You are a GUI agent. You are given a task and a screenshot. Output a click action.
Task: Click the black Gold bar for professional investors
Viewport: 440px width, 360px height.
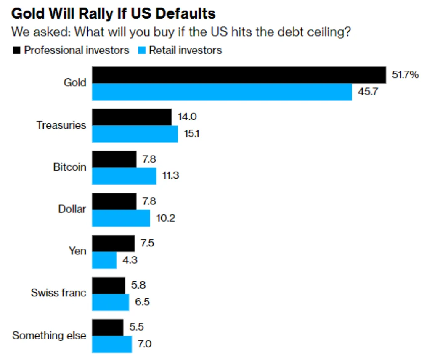tap(239, 75)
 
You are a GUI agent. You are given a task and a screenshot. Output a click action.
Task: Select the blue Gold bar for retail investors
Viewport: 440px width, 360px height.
tap(222, 92)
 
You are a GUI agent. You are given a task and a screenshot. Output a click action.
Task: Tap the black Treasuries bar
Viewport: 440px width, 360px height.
tap(132, 117)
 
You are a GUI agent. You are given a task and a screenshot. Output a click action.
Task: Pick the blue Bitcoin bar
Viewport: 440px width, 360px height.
tap(124, 176)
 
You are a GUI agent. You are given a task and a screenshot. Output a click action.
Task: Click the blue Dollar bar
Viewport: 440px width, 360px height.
tap(121, 218)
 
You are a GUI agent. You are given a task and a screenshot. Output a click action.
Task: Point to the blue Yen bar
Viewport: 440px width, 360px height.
tap(104, 260)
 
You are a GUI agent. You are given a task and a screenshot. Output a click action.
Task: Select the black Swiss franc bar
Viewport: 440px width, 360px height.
tap(109, 285)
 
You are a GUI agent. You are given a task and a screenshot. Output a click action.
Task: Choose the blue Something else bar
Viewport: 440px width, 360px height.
tap(112, 344)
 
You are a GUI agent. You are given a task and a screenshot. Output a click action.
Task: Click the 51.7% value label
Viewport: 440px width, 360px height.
tap(405, 75)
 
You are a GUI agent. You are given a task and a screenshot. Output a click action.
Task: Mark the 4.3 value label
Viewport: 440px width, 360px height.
tap(129, 260)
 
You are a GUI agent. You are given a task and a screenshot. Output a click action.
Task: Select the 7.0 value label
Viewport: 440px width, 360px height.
tap(144, 344)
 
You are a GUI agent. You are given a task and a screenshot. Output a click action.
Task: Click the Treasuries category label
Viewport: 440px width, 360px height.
tap(61, 125)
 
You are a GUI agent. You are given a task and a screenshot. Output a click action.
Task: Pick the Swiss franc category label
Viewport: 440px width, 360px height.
tap(58, 293)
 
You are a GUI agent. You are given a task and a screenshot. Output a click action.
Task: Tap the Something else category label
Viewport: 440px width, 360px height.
tap(49, 335)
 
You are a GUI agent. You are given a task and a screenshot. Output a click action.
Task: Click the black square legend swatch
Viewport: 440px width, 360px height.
tap(17, 50)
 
